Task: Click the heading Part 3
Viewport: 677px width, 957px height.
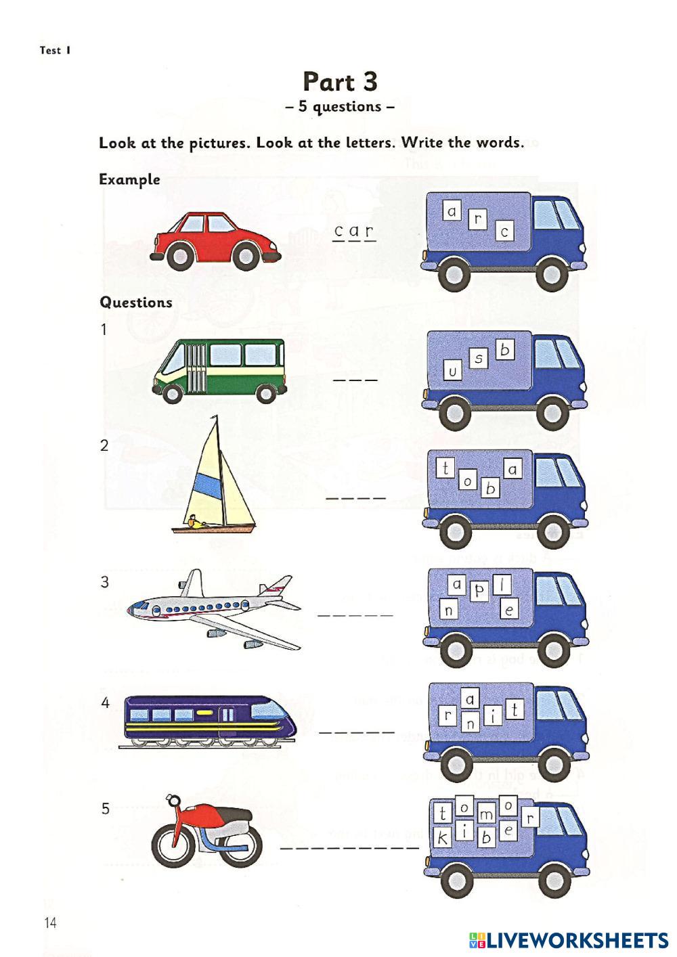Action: click(x=339, y=82)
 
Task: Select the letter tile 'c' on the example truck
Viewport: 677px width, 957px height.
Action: click(x=504, y=232)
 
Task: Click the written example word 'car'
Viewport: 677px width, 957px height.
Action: click(x=354, y=232)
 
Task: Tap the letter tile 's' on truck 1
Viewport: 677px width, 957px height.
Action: click(x=479, y=359)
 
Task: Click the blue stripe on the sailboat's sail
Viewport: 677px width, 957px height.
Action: click(x=206, y=486)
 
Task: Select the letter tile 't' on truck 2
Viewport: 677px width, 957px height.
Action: click(x=445, y=468)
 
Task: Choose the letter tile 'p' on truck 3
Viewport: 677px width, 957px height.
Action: click(x=479, y=591)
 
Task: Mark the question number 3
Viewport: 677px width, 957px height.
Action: click(x=104, y=582)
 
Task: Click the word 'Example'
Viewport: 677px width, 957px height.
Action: click(x=129, y=180)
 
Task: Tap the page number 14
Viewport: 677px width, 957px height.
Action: click(x=50, y=922)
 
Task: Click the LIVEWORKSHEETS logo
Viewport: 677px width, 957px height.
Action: click(x=567, y=939)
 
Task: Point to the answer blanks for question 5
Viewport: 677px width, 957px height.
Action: click(x=349, y=847)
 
